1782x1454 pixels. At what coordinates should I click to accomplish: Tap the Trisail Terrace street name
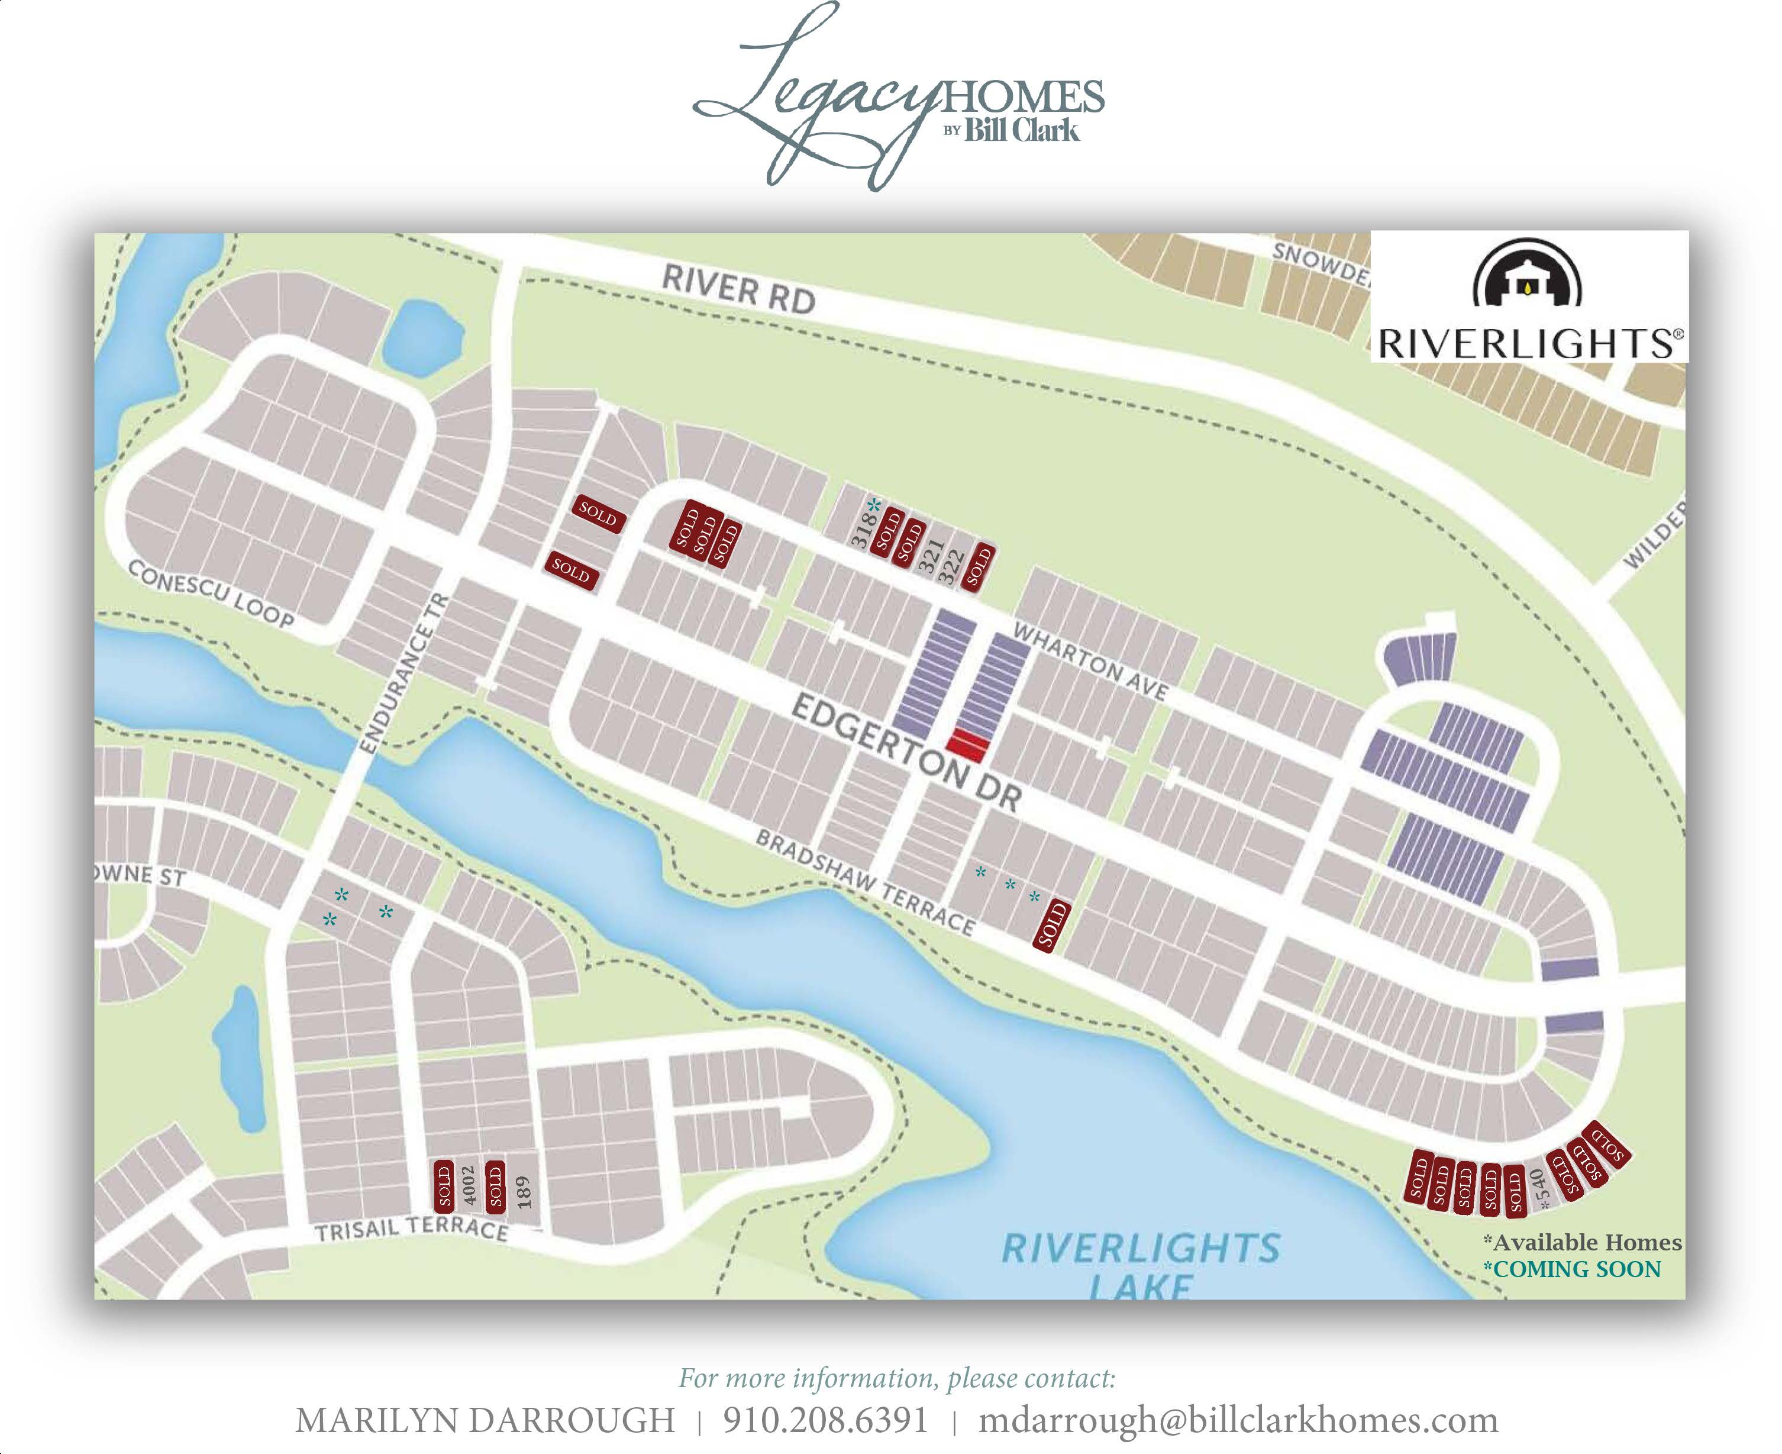click(411, 1229)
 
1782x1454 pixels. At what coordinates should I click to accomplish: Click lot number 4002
click(470, 1185)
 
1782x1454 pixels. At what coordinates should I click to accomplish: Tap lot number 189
click(524, 1191)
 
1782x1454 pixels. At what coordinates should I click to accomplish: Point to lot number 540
click(1540, 1188)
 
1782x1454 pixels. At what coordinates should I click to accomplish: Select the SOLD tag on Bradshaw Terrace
click(1052, 926)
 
